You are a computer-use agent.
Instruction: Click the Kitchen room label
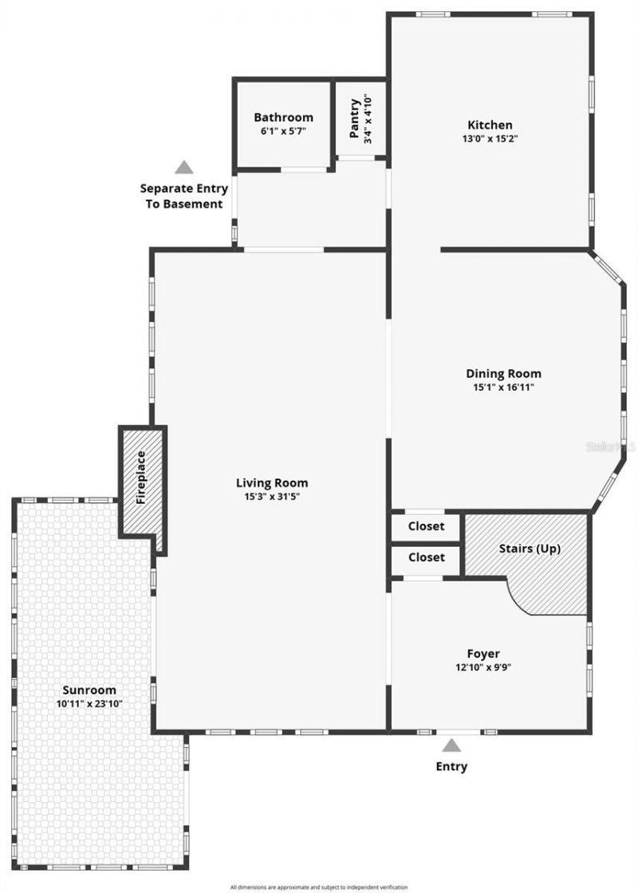(x=490, y=125)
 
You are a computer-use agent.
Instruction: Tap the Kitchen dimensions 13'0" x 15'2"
(x=490, y=139)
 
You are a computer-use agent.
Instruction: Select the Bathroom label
(x=283, y=117)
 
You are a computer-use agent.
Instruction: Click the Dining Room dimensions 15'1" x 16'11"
(x=503, y=387)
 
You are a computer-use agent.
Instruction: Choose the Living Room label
(x=271, y=482)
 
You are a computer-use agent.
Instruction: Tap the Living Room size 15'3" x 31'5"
(x=271, y=496)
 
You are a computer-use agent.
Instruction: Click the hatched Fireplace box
(x=142, y=478)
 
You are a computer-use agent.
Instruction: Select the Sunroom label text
(x=89, y=690)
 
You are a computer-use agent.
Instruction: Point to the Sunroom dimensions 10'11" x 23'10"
(x=89, y=703)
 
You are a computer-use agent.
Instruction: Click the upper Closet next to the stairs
(x=426, y=526)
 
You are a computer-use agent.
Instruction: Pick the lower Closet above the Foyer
(x=426, y=557)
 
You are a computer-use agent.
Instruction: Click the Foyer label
(x=483, y=654)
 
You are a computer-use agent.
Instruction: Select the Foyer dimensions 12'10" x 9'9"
(x=483, y=667)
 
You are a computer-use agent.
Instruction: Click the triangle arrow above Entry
(x=451, y=745)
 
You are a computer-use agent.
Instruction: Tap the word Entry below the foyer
(x=451, y=766)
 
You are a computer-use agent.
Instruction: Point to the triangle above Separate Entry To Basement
(x=184, y=167)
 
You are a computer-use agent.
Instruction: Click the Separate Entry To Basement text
(x=184, y=196)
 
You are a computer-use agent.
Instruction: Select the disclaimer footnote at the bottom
(x=318, y=887)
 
